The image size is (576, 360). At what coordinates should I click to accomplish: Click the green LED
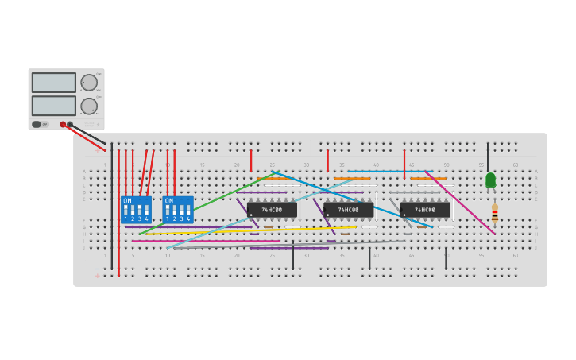(490, 181)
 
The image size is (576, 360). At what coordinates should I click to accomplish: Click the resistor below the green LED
(494, 212)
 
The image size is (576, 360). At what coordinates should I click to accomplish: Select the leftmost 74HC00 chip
(272, 210)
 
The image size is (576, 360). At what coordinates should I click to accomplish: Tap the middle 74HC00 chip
(348, 210)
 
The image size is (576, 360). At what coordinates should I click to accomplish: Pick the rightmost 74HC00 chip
(425, 210)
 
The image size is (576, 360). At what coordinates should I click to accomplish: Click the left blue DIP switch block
(136, 210)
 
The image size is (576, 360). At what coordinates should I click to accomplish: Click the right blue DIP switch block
(177, 210)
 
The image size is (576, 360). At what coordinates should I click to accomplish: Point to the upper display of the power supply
(53, 83)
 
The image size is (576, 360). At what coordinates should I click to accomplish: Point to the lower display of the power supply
(53, 106)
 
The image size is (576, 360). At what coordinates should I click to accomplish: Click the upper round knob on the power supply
(89, 83)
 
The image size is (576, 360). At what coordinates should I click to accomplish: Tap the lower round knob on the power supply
(89, 106)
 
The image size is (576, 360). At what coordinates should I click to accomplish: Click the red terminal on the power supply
(63, 125)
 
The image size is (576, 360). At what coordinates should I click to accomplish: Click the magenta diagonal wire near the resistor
(461, 203)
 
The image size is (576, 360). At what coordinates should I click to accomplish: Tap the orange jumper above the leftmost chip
(275, 179)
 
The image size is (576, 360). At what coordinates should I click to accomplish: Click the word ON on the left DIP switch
(127, 201)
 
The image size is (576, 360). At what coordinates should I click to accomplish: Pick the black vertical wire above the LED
(488, 157)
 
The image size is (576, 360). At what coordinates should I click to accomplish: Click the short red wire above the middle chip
(327, 161)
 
